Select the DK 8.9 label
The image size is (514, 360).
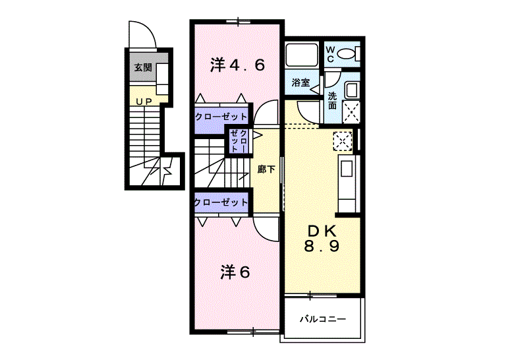tap(322, 239)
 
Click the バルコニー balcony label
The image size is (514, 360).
tap(322, 320)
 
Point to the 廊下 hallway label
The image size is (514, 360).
tap(266, 169)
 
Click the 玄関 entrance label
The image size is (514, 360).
tap(143, 67)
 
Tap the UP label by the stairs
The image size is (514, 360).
tap(144, 101)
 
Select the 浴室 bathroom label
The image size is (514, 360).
tap(301, 83)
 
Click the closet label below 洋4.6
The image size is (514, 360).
tap(221, 117)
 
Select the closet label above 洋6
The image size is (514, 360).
tap(221, 202)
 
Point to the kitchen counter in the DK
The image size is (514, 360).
tap(348, 185)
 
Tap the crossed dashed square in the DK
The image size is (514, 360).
tap(343, 140)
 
